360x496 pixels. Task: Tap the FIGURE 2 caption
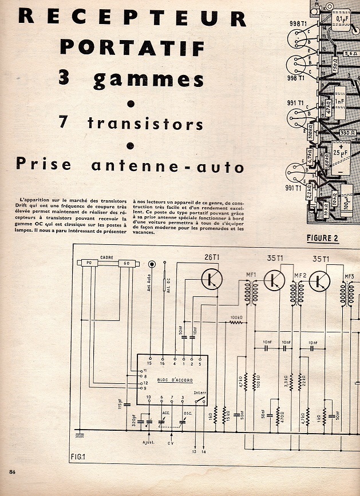pyautogui.click(x=322, y=239)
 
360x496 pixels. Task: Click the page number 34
pyautogui.click(x=12, y=471)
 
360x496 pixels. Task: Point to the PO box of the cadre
pyautogui.click(x=89, y=263)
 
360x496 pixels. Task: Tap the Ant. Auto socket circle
pyautogui.click(x=152, y=264)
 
